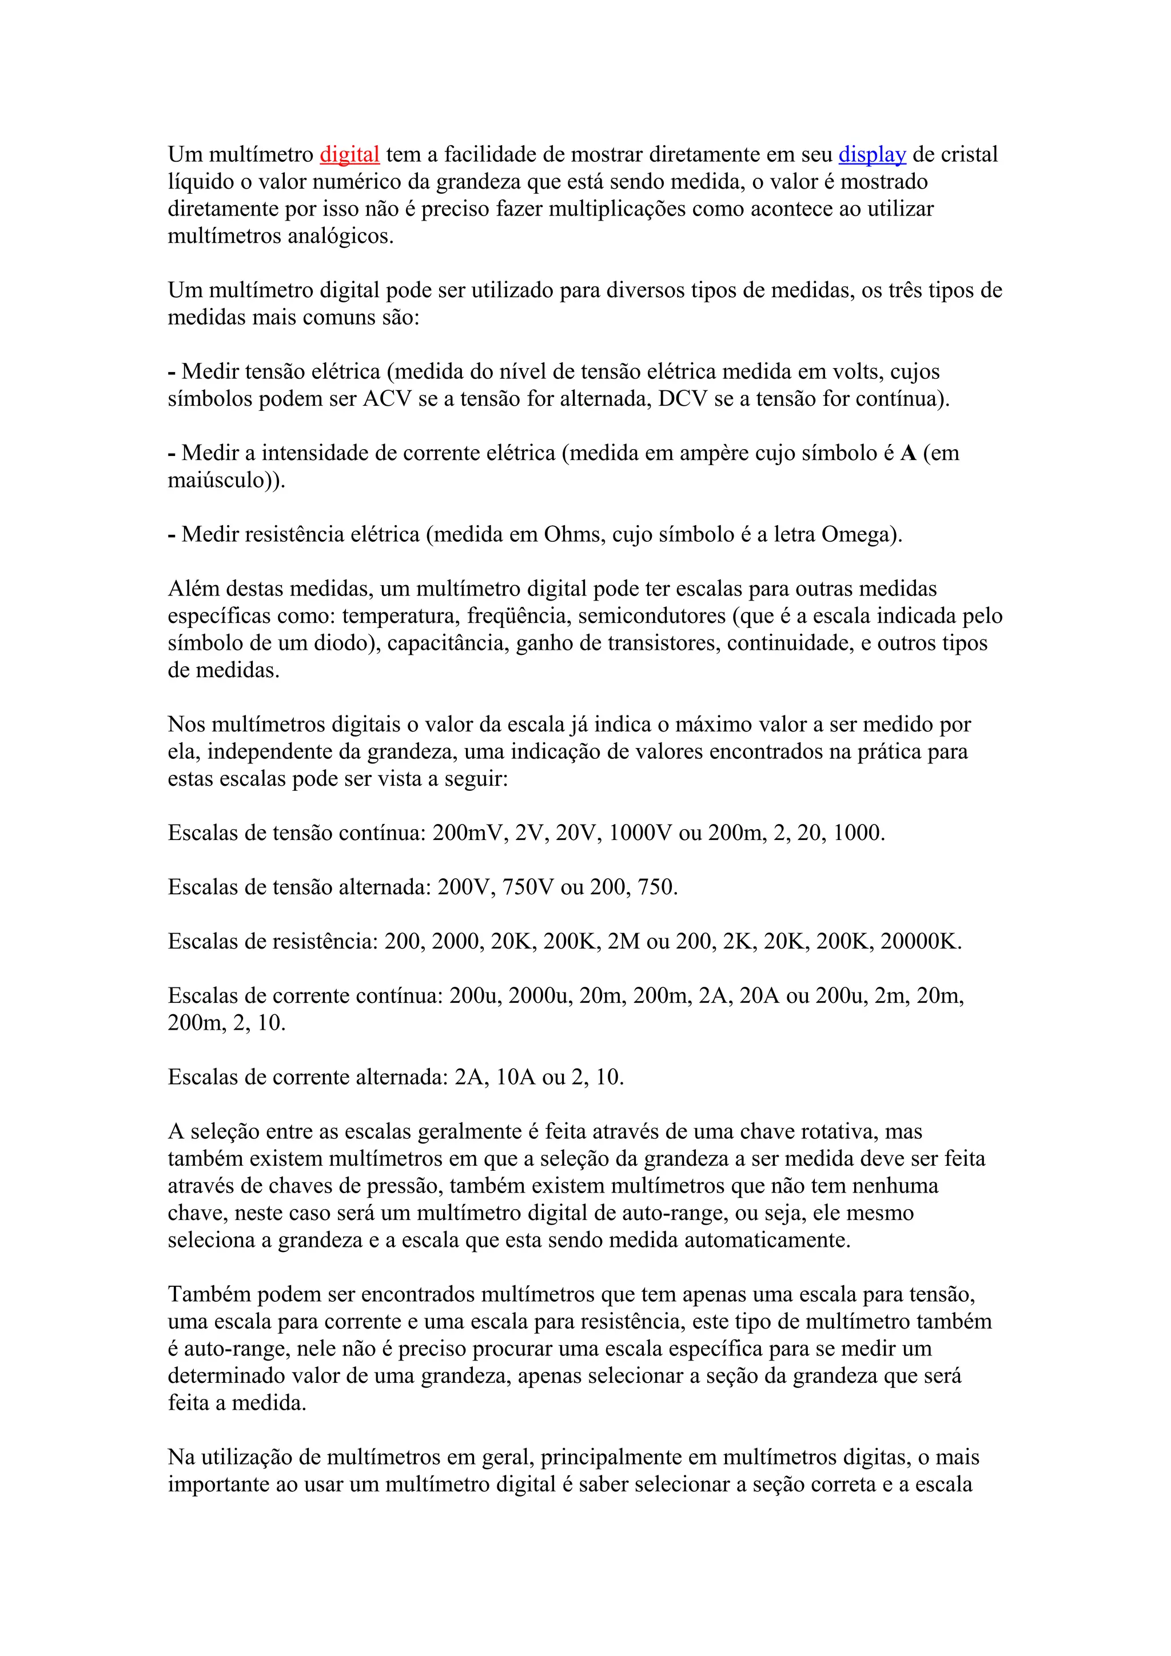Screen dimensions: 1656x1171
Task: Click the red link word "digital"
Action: point(349,154)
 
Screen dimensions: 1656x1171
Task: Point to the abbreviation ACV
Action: point(387,399)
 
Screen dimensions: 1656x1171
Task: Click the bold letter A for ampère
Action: point(909,453)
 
